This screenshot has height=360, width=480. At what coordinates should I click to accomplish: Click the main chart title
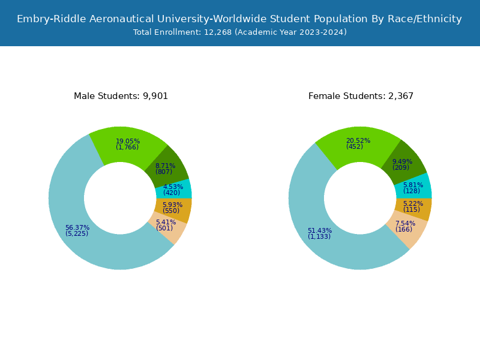239,19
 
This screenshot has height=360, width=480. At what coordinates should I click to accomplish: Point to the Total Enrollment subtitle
239,32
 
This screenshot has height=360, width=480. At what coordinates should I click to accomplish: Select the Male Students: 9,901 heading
121,96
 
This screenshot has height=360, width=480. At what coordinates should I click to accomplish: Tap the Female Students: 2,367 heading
361,96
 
